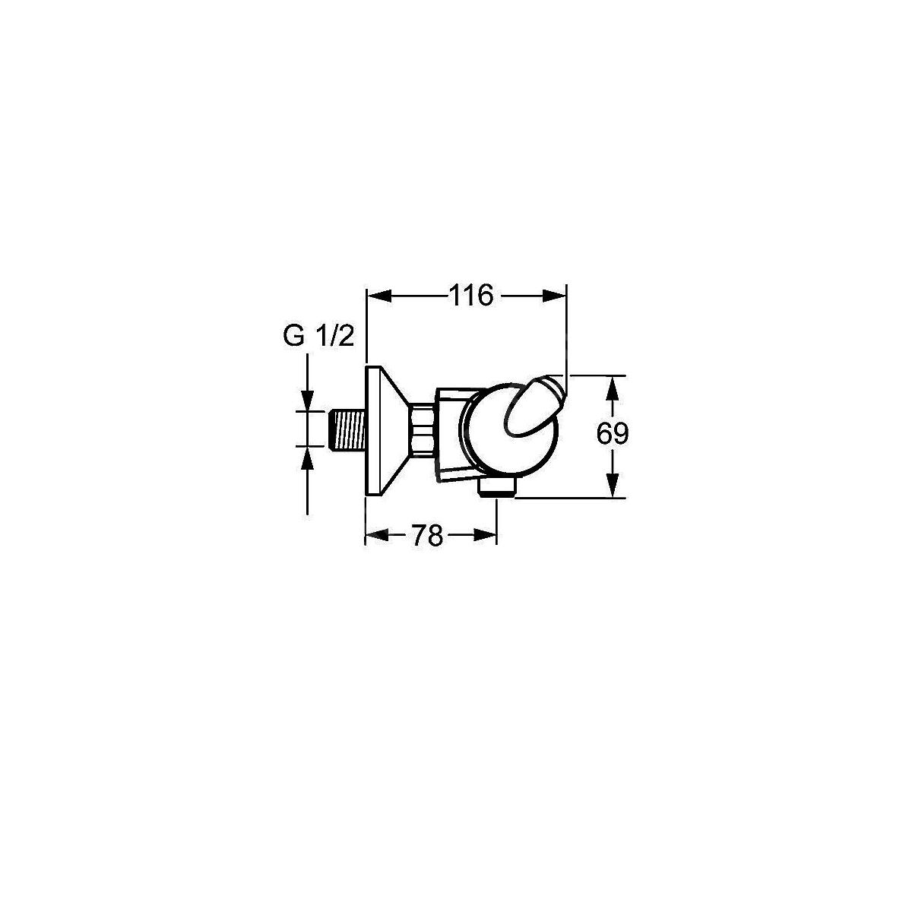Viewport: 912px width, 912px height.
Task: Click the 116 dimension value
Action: [x=471, y=296]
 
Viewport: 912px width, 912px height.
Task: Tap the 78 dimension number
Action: [x=427, y=536]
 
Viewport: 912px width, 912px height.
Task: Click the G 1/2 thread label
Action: [x=318, y=337]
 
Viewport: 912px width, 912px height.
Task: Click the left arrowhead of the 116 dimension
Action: [x=379, y=296]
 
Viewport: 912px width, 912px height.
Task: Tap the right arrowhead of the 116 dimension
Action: [x=554, y=296]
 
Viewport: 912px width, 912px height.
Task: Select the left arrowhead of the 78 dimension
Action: [x=378, y=535]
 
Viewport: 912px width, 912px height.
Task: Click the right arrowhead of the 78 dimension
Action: [x=485, y=535]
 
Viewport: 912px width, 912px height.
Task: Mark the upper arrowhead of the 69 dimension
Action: [x=613, y=388]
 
